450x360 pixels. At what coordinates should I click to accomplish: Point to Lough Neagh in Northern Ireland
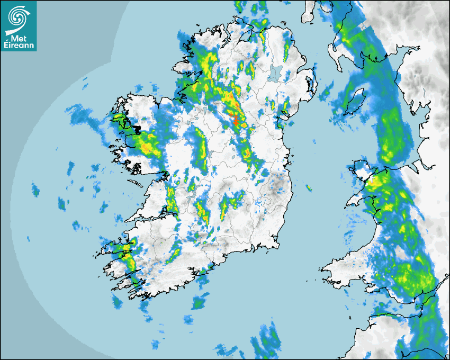coord(274,73)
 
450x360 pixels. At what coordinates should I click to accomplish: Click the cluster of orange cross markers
coord(236,120)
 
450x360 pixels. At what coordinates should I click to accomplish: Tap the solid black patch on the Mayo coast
coord(137,128)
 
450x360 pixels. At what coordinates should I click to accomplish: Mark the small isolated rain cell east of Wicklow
coord(308,188)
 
